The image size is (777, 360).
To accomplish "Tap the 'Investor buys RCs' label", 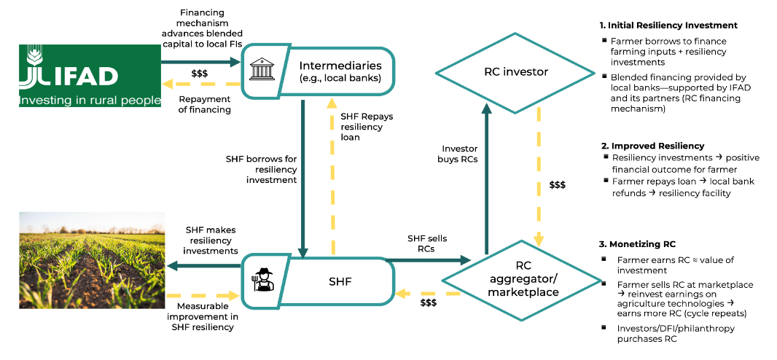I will click(x=459, y=154).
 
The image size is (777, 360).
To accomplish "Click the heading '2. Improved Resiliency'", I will click(x=652, y=146).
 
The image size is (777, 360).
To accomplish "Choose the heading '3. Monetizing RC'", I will click(x=639, y=243).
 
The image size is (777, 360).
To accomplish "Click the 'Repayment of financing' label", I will click(x=206, y=104).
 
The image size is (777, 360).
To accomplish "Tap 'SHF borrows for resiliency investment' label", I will click(x=261, y=169).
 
